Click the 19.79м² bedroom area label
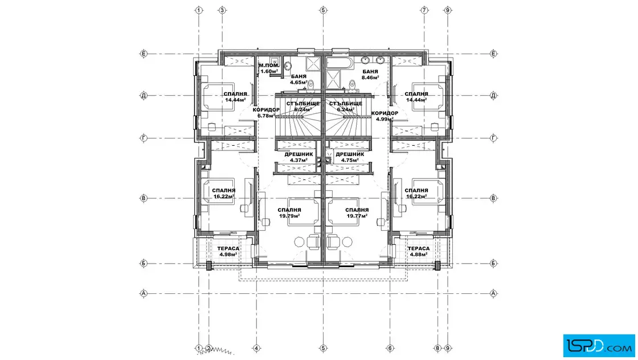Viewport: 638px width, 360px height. [x=289, y=213]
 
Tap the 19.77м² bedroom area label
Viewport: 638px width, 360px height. [x=357, y=213]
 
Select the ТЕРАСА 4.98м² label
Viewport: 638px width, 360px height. [x=228, y=251]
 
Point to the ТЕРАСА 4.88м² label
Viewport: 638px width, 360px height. [x=419, y=251]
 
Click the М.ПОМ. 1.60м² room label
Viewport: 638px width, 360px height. [x=269, y=68]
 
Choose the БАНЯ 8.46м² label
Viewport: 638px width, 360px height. [x=370, y=75]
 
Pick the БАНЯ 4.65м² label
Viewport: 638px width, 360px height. [x=298, y=79]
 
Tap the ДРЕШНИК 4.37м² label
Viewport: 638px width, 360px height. [x=298, y=157]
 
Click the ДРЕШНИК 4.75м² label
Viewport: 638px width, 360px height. [x=350, y=157]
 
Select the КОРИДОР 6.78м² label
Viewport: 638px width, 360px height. [x=266, y=113]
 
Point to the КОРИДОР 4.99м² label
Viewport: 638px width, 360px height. [x=385, y=116]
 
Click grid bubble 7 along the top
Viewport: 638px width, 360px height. [x=424, y=10]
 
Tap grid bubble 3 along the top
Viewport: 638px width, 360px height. [x=222, y=10]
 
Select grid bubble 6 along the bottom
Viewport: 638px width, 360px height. [x=390, y=348]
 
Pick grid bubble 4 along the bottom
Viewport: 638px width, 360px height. [x=256, y=348]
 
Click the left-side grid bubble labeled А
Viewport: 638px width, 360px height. [x=144, y=293]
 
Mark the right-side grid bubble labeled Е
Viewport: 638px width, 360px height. [x=493, y=54]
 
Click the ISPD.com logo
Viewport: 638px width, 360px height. [x=599, y=346]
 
